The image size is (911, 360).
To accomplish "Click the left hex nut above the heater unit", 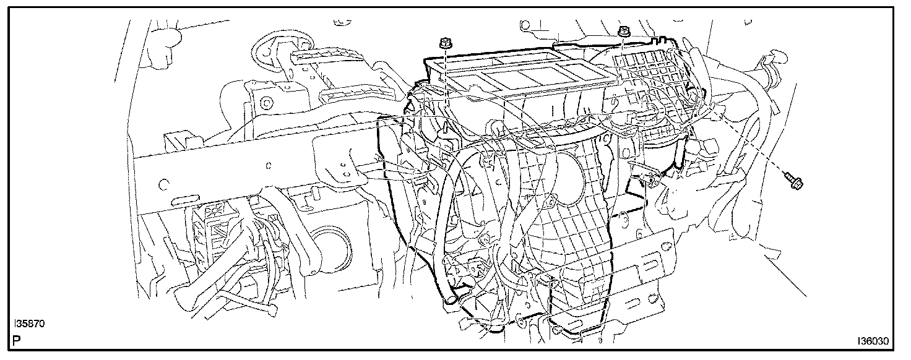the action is [x=446, y=42].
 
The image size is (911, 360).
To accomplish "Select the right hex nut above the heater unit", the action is [x=623, y=31].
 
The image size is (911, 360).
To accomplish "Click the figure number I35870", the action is [x=29, y=324].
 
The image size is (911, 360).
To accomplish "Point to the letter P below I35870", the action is [x=17, y=340].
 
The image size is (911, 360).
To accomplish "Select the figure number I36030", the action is [x=873, y=341].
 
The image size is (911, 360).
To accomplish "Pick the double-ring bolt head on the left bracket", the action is [x=266, y=103].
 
